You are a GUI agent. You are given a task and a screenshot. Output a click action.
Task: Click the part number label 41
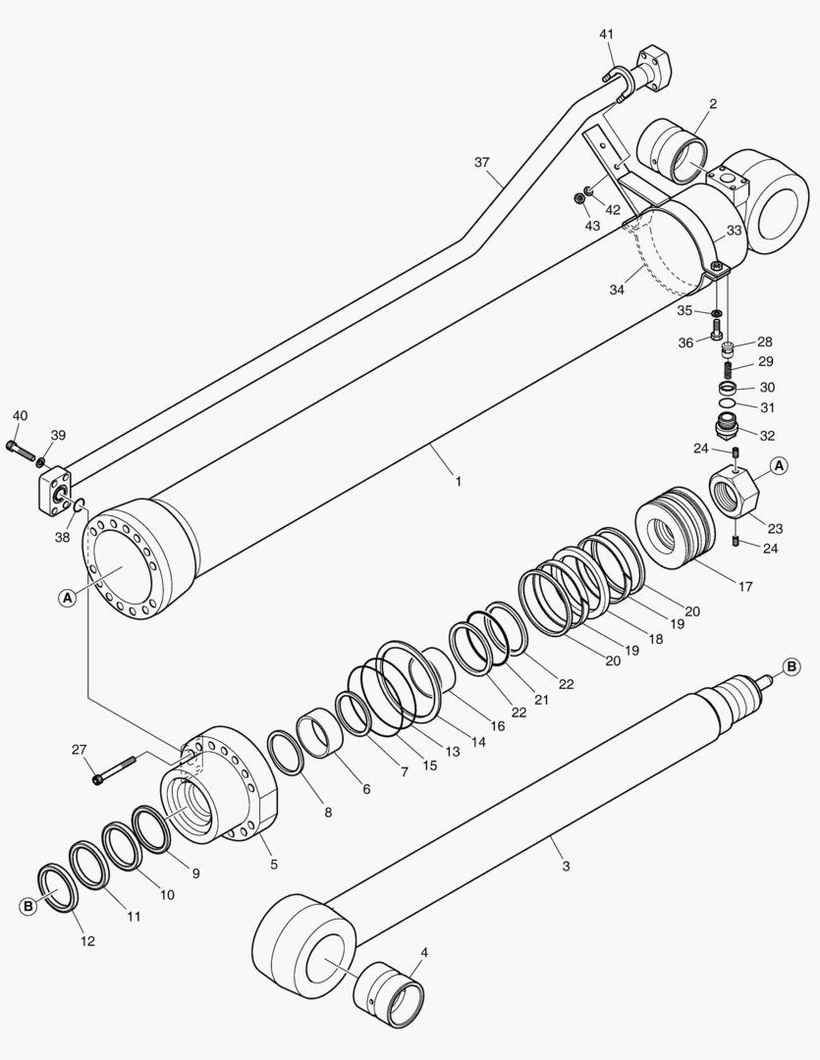607,34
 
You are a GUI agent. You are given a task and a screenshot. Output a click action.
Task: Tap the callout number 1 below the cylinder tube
459,482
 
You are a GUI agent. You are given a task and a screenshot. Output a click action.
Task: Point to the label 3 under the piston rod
566,866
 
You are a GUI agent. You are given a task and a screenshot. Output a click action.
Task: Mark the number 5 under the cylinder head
274,865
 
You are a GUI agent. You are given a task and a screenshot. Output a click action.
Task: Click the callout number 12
88,941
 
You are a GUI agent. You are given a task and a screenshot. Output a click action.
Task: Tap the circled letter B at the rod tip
792,668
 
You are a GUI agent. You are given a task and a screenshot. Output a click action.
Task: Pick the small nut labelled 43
580,199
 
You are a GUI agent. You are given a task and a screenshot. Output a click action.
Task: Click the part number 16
498,726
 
